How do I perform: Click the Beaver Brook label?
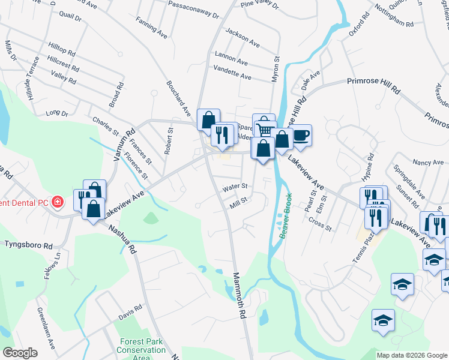click(286, 216)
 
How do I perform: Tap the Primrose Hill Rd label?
click(373, 84)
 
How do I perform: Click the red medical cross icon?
click(57, 202)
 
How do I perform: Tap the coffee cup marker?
click(301, 134)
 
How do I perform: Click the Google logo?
click(19, 353)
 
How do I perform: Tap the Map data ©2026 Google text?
click(411, 355)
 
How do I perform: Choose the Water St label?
click(235, 187)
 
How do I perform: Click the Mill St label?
click(239, 203)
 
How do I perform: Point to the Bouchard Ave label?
click(178, 99)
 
